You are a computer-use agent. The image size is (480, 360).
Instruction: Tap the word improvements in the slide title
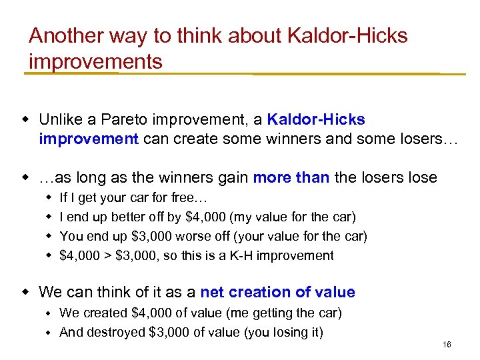[x=95, y=62]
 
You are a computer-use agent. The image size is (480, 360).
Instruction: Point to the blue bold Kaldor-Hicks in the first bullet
[x=316, y=120]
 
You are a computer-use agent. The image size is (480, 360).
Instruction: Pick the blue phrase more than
[x=291, y=178]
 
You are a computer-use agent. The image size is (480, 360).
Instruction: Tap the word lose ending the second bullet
[x=422, y=178]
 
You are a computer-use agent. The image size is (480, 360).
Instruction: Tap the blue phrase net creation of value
[x=277, y=292]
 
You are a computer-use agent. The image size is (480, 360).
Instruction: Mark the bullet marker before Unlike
[x=26, y=120]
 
